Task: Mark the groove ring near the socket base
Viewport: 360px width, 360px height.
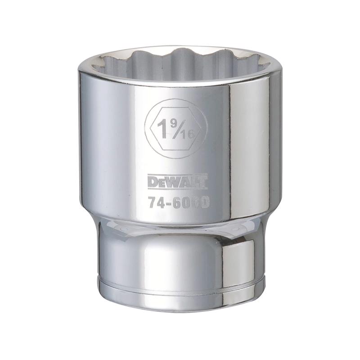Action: coord(180,283)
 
